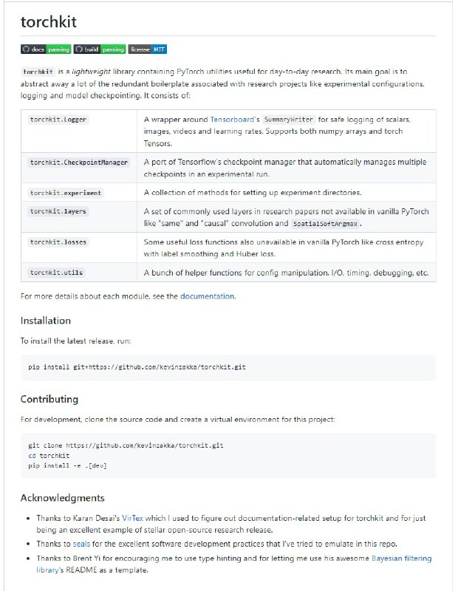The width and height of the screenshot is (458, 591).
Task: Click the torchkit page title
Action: tap(49, 22)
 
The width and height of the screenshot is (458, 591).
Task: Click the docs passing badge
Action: tap(45, 49)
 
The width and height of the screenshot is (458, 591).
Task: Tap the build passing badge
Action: tap(99, 49)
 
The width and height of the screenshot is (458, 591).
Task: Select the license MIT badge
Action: tap(148, 49)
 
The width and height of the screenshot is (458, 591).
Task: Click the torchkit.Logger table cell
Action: tap(59, 119)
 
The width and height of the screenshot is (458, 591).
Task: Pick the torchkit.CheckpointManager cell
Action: tap(79, 163)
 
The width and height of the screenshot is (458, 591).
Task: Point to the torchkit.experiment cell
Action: tap(66, 193)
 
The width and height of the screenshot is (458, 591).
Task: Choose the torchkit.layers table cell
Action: tap(58, 211)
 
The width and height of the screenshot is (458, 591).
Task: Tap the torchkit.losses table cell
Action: tap(58, 242)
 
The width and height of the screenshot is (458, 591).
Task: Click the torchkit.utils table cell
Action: tap(57, 273)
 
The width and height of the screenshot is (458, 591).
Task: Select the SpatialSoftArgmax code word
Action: tap(326, 223)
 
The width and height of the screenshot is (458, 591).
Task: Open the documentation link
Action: tap(207, 296)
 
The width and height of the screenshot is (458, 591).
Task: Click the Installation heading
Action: tap(46, 321)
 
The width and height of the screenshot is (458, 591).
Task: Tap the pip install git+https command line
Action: tap(137, 367)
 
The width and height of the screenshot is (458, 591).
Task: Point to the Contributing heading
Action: tap(49, 399)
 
